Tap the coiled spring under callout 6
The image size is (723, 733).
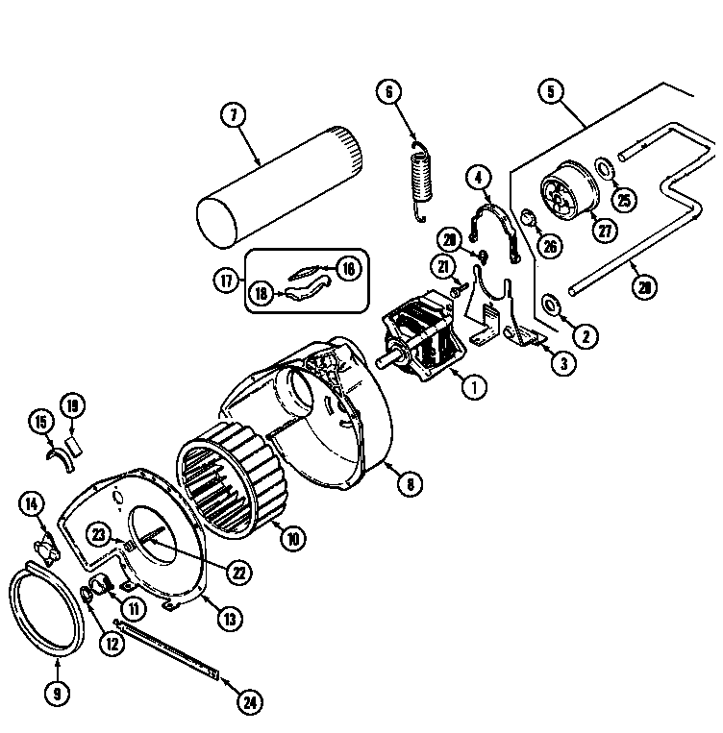[420, 175]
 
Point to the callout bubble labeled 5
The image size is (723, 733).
[552, 93]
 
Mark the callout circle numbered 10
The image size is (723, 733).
[292, 539]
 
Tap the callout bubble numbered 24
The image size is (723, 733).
[249, 702]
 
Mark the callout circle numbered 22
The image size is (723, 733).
[239, 572]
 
